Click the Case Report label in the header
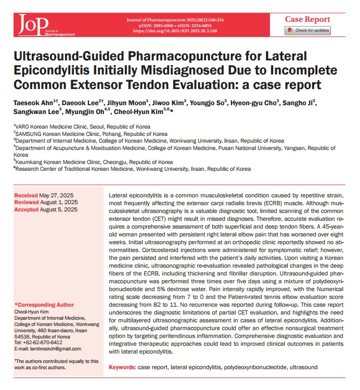[x=307, y=19]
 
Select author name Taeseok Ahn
[x=30, y=103]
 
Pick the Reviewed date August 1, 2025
[x=60, y=202]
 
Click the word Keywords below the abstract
[x=122, y=367]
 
